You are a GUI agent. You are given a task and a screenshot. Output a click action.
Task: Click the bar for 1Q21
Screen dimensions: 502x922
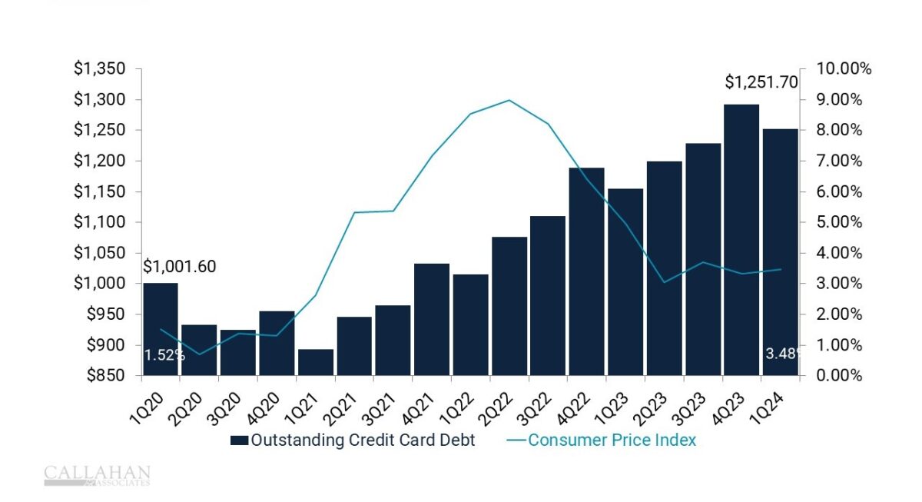tap(316, 362)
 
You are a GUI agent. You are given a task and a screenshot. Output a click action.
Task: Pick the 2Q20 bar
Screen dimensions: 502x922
tap(200, 350)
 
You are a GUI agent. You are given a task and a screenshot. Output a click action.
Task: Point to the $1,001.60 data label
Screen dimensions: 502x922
tap(180, 267)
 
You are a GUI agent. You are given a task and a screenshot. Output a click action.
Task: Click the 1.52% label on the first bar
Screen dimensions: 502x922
tap(164, 355)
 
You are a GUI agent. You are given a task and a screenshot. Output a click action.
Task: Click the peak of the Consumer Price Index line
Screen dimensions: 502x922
tap(509, 100)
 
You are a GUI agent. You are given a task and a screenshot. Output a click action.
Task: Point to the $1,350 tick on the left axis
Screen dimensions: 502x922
tap(99, 69)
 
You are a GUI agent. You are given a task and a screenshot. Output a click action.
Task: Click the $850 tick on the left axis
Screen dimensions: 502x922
tap(104, 376)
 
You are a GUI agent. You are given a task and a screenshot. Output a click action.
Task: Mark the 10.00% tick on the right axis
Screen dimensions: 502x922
tap(844, 69)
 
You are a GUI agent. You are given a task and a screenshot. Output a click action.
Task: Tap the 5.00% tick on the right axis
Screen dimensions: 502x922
tap(841, 222)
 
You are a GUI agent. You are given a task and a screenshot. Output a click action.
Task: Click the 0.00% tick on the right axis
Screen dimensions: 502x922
tap(841, 376)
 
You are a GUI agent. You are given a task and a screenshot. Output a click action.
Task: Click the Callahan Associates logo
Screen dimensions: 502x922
tap(97, 476)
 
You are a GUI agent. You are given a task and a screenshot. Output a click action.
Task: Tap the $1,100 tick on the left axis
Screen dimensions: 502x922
tap(99, 222)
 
